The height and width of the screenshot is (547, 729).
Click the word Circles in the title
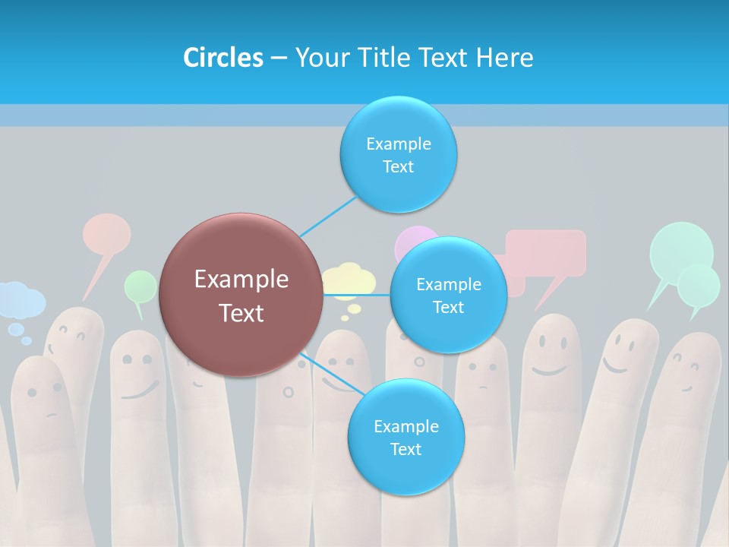pyautogui.click(x=222, y=58)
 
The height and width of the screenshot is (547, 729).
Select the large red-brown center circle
pyautogui.click(x=241, y=295)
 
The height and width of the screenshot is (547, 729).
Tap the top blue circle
pyautogui.click(x=398, y=154)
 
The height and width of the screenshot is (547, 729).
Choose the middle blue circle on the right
pyautogui.click(x=448, y=295)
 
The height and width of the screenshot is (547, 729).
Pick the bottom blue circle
pyautogui.click(x=406, y=437)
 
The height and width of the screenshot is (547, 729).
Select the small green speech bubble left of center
pyautogui.click(x=140, y=286)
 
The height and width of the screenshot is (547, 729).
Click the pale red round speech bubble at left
pyautogui.click(x=106, y=233)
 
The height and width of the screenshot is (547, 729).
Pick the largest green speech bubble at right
pyautogui.click(x=680, y=248)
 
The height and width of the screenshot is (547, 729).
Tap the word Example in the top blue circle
pyautogui.click(x=398, y=144)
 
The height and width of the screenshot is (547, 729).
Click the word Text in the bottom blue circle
pyautogui.click(x=406, y=449)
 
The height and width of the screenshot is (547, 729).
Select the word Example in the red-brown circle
pyautogui.click(x=241, y=280)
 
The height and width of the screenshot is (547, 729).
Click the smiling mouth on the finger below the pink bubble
pyautogui.click(x=548, y=370)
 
